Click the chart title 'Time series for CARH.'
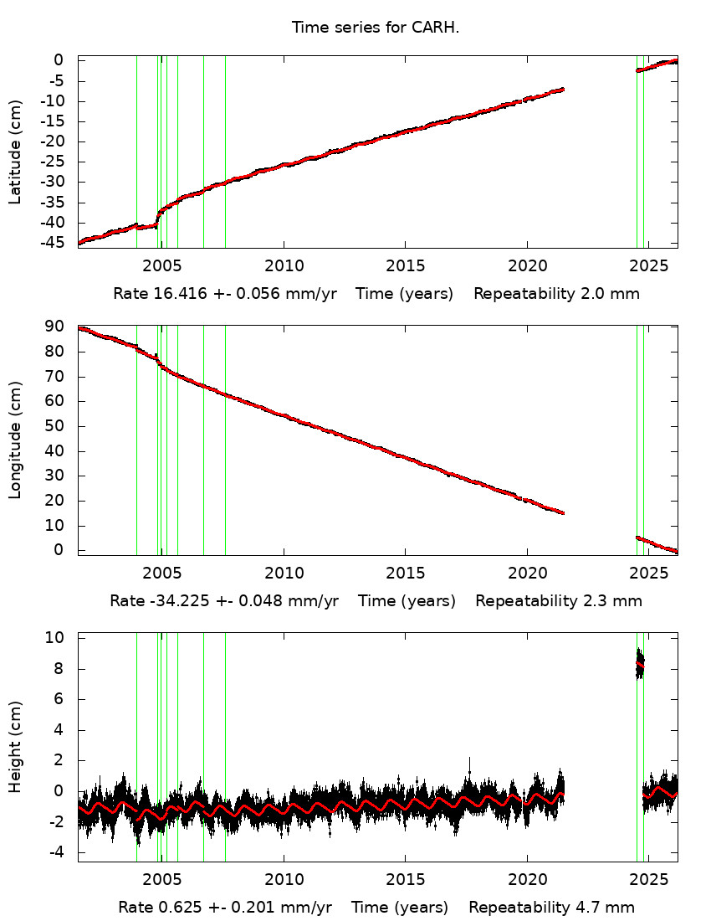tap(376, 28)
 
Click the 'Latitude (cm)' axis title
tap(15, 152)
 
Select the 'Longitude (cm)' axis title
tap(15, 440)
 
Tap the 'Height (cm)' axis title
tap(15, 748)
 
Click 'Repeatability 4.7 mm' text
tap(551, 908)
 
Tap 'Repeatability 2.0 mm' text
tap(556, 294)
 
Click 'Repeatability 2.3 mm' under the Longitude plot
tap(559, 601)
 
